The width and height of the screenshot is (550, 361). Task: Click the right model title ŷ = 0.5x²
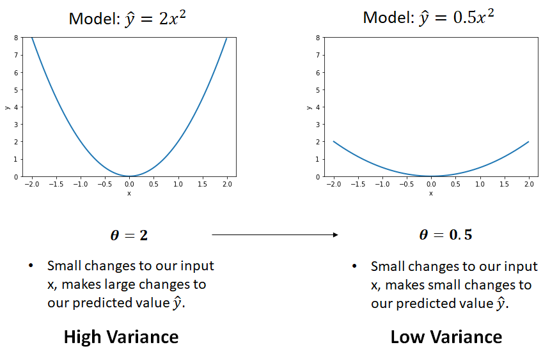428,17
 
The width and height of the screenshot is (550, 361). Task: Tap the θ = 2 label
129,235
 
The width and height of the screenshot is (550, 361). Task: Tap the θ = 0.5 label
445,235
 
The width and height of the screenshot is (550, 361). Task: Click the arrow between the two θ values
275,235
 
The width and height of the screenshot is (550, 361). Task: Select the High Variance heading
121,337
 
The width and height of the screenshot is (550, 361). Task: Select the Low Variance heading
446,337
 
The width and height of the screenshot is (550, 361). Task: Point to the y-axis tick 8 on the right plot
317,38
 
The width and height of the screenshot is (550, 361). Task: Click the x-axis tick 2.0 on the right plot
528,184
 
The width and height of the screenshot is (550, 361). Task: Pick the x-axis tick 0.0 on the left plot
129,184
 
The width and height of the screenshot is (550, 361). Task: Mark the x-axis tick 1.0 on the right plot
480,184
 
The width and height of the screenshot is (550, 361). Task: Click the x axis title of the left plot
129,193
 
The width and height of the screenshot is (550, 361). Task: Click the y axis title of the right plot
309,107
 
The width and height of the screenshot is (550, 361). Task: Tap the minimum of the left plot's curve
129,176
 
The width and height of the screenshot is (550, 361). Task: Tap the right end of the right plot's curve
528,142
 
